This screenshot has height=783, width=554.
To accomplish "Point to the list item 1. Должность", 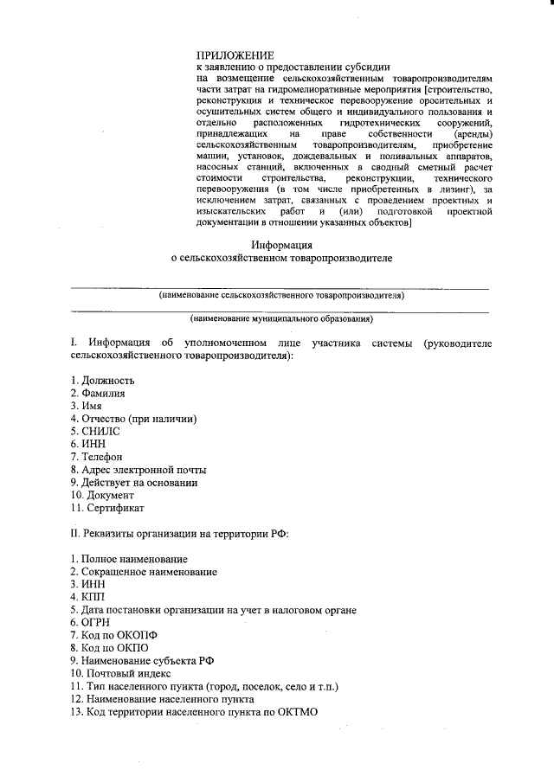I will click(x=102, y=381).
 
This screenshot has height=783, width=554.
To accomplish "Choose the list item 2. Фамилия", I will click(x=98, y=394).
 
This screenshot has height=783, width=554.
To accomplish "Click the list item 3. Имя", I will click(x=87, y=406).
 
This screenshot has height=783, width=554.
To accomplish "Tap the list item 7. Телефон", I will click(x=97, y=457).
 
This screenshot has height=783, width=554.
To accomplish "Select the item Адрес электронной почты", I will click(x=144, y=470).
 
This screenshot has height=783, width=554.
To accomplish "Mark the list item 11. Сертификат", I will click(x=107, y=508).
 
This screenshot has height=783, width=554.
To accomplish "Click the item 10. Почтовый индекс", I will click(x=121, y=673).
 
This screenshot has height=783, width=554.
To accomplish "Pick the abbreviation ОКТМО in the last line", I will click(x=297, y=711).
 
